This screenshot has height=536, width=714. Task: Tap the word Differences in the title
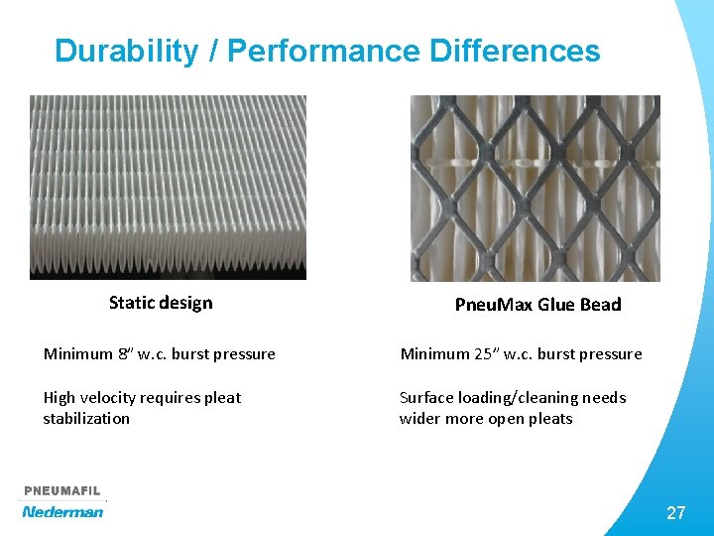515,51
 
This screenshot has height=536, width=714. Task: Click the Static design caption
161,303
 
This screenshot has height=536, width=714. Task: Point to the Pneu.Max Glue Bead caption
537,305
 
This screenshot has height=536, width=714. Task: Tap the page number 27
675,513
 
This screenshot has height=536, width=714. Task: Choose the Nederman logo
62,511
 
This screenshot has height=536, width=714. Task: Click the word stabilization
86,419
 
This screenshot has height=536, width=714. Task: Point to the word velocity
116,397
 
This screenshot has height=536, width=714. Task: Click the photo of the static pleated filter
168,187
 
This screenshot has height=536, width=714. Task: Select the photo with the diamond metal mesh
535,188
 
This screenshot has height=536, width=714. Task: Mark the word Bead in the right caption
601,305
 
